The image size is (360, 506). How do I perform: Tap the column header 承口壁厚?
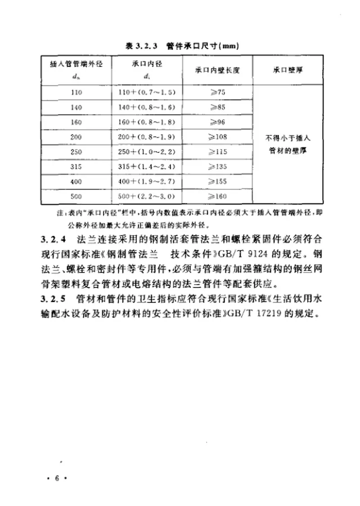(288, 71)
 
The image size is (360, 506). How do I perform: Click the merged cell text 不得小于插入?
(288, 140)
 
